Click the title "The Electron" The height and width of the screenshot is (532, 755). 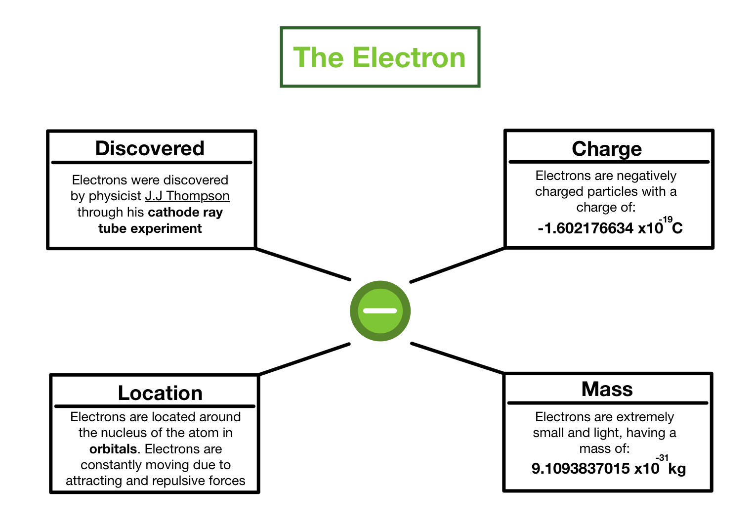coord(379,57)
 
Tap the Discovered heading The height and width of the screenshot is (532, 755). coord(150,148)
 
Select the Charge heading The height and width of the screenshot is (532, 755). coord(607,149)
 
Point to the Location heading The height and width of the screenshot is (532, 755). coord(160,393)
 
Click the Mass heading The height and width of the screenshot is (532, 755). coord(607,389)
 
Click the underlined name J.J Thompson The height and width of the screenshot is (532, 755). coord(187,196)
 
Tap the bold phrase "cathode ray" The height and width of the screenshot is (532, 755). coord(185,212)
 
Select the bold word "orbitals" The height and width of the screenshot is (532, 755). coord(113,449)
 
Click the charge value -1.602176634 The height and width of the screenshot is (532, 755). coord(585,228)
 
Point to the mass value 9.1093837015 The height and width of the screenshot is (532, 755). coord(580,468)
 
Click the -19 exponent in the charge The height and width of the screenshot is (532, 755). coord(666,220)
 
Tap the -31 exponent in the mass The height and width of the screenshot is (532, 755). coord(662,458)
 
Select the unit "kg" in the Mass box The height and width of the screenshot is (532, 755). coord(677,468)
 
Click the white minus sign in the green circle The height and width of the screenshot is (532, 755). coord(380,311)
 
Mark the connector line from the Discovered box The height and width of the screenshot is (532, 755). coord(303,264)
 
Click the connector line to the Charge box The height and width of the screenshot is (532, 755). coord(458,265)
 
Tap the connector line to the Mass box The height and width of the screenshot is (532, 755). coord(457,357)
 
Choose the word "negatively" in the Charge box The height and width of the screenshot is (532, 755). coord(647,176)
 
